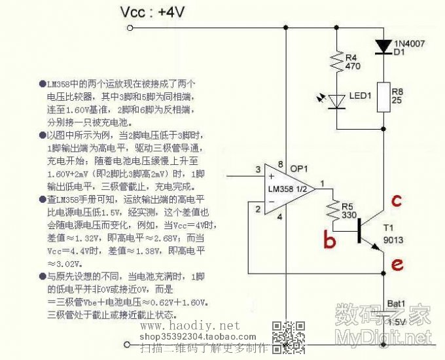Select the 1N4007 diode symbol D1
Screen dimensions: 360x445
382,46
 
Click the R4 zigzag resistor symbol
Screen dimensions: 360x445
336,62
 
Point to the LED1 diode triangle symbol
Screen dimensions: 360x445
336,101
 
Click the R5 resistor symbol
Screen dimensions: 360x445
333,211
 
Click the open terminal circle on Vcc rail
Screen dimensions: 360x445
130,27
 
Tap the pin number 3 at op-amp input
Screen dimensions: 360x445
258,170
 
